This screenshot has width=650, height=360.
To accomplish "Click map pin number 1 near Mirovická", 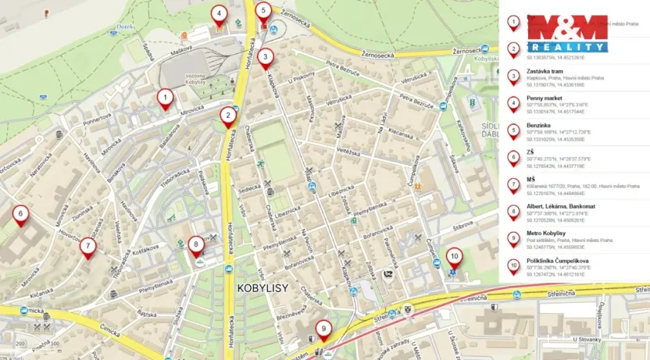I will pyautogui.click(x=165, y=98).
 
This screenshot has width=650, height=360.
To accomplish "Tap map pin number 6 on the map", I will pyautogui.click(x=20, y=213).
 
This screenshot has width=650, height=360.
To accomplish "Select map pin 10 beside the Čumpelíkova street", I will pyautogui.click(x=454, y=255).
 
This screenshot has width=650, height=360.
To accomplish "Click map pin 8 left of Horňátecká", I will pyautogui.click(x=195, y=245).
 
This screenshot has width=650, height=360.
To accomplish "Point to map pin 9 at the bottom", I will pyautogui.click(x=323, y=330).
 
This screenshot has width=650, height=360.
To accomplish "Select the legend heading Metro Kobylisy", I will pyautogui.click(x=545, y=234).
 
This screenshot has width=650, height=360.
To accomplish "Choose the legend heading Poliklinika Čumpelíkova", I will pyautogui.click(x=557, y=261).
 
